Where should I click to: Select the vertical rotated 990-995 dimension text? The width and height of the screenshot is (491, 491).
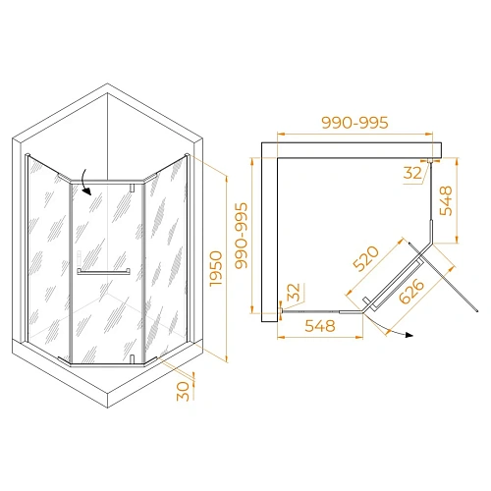[241, 234]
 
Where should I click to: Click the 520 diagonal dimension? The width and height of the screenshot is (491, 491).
[365, 259]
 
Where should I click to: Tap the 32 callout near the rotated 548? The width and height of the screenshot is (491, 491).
[412, 173]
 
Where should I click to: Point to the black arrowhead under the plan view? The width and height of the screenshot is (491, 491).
[408, 336]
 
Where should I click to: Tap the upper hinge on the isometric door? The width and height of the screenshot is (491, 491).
[135, 186]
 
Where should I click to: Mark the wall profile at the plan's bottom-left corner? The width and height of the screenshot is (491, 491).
[279, 311]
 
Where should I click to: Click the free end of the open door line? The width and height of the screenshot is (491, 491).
[478, 310]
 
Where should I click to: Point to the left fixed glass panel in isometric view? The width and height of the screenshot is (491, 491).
[47, 255]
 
